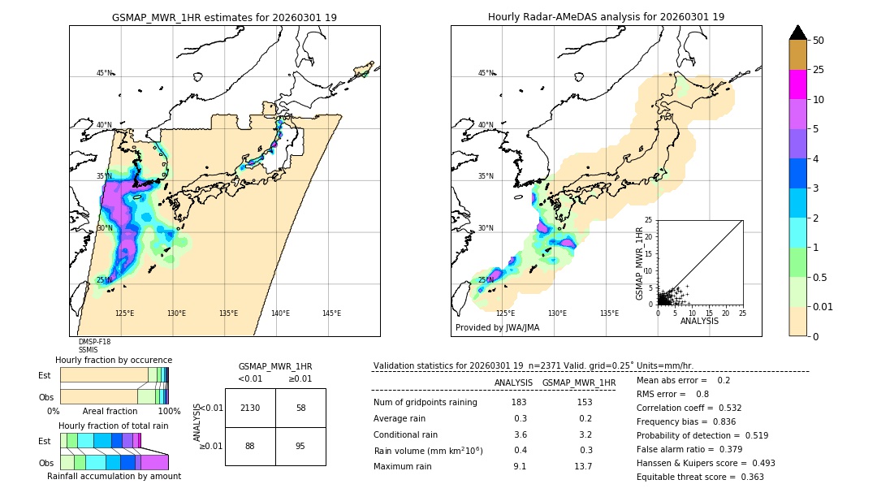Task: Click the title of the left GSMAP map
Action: click(x=224, y=17)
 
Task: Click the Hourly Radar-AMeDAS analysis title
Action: click(x=606, y=17)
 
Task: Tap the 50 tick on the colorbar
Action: click(x=819, y=41)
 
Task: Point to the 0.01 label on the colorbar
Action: click(x=822, y=306)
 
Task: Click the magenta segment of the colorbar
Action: click(x=798, y=84)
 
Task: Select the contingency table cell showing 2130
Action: click(x=250, y=408)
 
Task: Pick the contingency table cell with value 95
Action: click(x=300, y=446)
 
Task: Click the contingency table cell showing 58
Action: click(x=300, y=408)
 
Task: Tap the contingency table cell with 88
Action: click(x=250, y=446)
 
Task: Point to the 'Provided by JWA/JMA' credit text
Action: click(x=497, y=328)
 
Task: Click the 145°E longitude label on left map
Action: click(x=331, y=313)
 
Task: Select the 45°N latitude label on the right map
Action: click(x=486, y=73)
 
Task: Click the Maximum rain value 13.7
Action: click(x=583, y=466)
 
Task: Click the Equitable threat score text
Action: click(x=700, y=477)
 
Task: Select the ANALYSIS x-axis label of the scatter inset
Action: click(x=699, y=321)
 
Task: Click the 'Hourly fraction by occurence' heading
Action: click(x=114, y=360)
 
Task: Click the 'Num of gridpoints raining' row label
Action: click(x=425, y=403)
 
